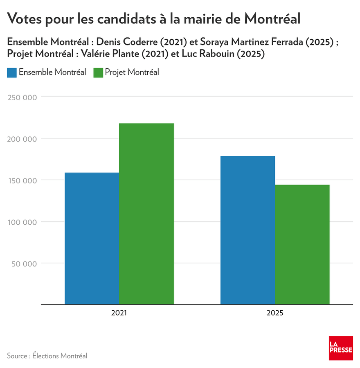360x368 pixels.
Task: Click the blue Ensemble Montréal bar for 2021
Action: [92, 239]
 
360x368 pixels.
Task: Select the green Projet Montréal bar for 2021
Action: [146, 214]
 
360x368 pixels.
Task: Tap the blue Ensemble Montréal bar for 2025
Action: [248, 230]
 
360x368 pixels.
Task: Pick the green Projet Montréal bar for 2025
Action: [302, 245]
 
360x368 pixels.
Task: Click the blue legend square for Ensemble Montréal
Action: [12, 72]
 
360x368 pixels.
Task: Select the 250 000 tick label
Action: [22, 97]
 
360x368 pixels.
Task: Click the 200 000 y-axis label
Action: [22, 139]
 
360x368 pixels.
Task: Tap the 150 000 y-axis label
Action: [22, 181]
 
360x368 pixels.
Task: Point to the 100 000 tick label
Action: [22, 222]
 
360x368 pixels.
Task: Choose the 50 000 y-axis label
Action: [24, 264]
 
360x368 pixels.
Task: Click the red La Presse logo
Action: [341, 348]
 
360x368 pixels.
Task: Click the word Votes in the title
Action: [27, 18]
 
